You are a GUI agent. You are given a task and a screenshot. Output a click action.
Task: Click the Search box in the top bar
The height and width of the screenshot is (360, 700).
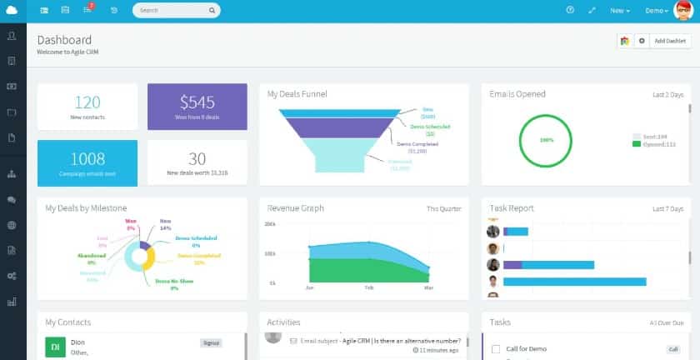(x=175, y=11)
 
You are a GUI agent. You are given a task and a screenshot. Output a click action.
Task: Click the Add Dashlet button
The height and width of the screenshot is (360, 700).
(x=669, y=40)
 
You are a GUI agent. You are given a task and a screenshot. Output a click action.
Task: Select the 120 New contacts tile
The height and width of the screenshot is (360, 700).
(x=87, y=107)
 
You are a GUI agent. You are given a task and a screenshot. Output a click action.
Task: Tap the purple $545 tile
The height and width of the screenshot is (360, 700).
(x=197, y=106)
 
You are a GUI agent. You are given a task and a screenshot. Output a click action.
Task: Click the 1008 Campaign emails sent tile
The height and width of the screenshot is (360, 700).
(x=87, y=162)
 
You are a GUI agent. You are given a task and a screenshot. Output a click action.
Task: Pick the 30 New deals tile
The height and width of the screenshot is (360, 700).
(x=197, y=162)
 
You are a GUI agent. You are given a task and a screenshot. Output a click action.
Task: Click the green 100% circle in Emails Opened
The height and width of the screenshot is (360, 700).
(x=546, y=139)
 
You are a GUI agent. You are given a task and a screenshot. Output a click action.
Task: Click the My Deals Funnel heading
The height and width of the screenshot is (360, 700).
(x=297, y=94)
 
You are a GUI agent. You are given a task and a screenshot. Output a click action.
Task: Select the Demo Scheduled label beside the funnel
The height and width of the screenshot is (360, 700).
(x=431, y=127)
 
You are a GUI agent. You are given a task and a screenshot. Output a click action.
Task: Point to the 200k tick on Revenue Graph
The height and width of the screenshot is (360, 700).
(x=270, y=224)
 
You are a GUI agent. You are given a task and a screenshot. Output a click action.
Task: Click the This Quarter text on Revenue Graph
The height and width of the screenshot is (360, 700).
(x=442, y=208)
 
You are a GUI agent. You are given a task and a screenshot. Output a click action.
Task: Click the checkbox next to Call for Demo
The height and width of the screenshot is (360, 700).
(x=496, y=349)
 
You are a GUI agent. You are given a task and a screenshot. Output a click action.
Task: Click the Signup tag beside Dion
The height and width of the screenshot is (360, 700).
(x=212, y=342)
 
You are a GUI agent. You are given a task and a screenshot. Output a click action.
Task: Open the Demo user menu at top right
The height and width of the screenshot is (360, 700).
(x=657, y=11)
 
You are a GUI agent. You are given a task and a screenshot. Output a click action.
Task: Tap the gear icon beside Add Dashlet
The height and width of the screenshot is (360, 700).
(x=641, y=40)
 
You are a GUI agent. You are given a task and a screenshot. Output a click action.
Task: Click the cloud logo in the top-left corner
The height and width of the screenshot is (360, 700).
(x=11, y=10)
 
